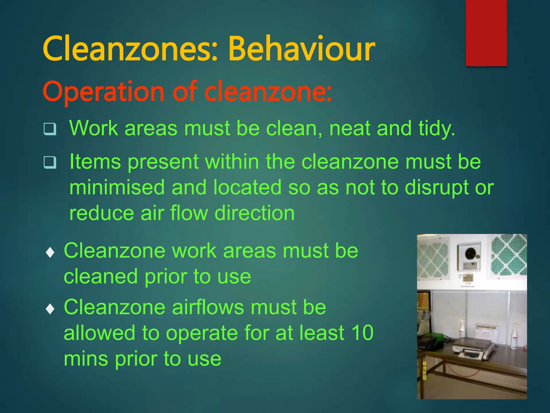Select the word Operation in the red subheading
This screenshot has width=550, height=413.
(x=103, y=92)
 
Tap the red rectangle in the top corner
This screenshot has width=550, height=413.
(x=486, y=33)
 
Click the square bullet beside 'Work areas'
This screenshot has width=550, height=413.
(x=50, y=129)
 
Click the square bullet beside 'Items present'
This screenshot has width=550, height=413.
(x=50, y=162)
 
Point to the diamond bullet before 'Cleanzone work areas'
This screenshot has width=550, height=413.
(x=50, y=252)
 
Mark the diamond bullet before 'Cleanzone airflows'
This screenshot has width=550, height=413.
(x=50, y=309)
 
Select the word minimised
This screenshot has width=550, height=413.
(x=117, y=187)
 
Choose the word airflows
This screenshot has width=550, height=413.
(x=208, y=307)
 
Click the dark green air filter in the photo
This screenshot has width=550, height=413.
(x=509, y=255)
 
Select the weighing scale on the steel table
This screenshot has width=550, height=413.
(x=473, y=348)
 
